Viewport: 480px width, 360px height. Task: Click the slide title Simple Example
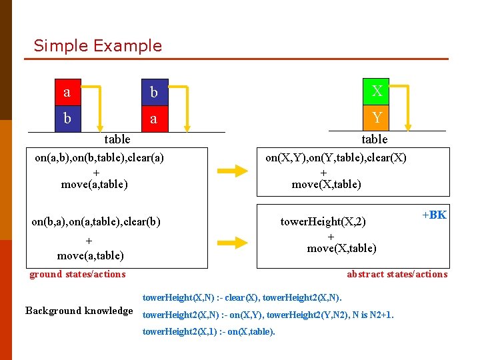click(x=97, y=46)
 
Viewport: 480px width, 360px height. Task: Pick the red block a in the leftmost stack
click(x=67, y=92)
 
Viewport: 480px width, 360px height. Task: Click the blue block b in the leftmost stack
click(x=67, y=119)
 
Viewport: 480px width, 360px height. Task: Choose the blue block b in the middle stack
click(x=154, y=92)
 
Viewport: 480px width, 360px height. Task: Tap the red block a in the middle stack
click(x=154, y=119)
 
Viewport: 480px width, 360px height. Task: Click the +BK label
click(x=434, y=215)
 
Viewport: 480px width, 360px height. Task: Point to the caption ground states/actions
click(x=77, y=274)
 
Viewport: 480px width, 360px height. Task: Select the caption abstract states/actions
click(x=397, y=274)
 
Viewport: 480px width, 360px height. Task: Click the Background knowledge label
click(x=79, y=311)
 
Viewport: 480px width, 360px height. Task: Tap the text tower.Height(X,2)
click(x=323, y=221)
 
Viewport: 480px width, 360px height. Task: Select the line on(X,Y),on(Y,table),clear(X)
click(x=335, y=158)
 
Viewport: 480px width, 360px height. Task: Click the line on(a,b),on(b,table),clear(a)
click(x=99, y=158)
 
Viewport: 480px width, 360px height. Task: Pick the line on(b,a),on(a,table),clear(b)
click(x=96, y=221)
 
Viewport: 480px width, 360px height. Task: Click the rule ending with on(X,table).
click(x=209, y=331)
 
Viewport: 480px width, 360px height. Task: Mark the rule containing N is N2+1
click(x=268, y=314)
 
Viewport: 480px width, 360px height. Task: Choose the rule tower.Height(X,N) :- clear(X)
click(x=242, y=297)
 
